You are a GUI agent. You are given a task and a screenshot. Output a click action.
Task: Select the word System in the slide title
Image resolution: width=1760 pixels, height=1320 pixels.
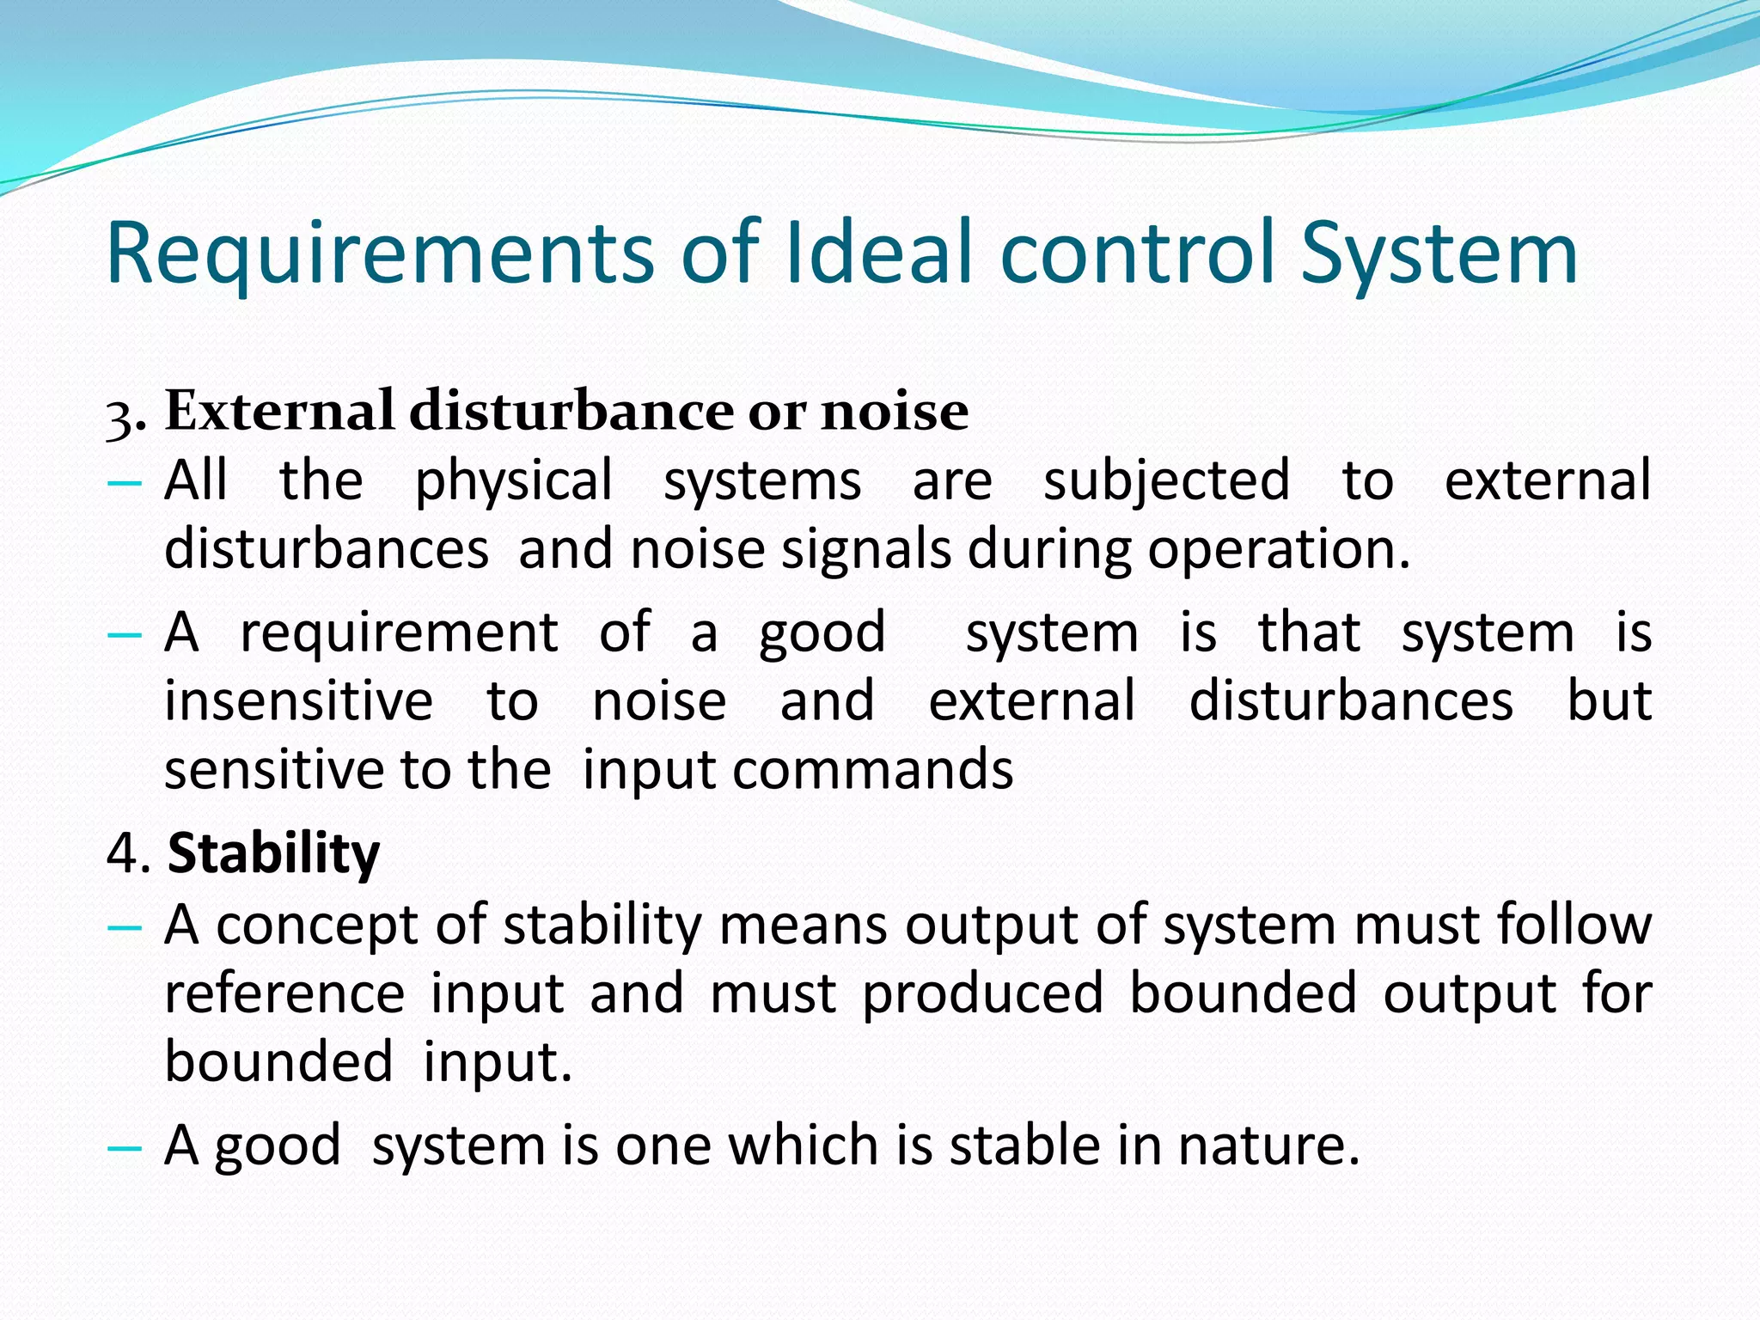coord(1439,254)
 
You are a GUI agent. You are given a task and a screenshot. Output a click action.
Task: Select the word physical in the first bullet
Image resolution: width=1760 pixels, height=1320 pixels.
coord(514,481)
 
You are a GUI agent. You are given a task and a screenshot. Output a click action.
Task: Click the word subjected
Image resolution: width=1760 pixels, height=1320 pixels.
coord(1166,481)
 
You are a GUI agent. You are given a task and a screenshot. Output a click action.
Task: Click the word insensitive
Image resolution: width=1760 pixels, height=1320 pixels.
coord(298,700)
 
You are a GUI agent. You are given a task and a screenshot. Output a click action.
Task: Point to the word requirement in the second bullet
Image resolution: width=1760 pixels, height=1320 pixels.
coord(399,633)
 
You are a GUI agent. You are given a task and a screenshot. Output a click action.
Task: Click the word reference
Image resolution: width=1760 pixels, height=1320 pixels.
coord(284,993)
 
